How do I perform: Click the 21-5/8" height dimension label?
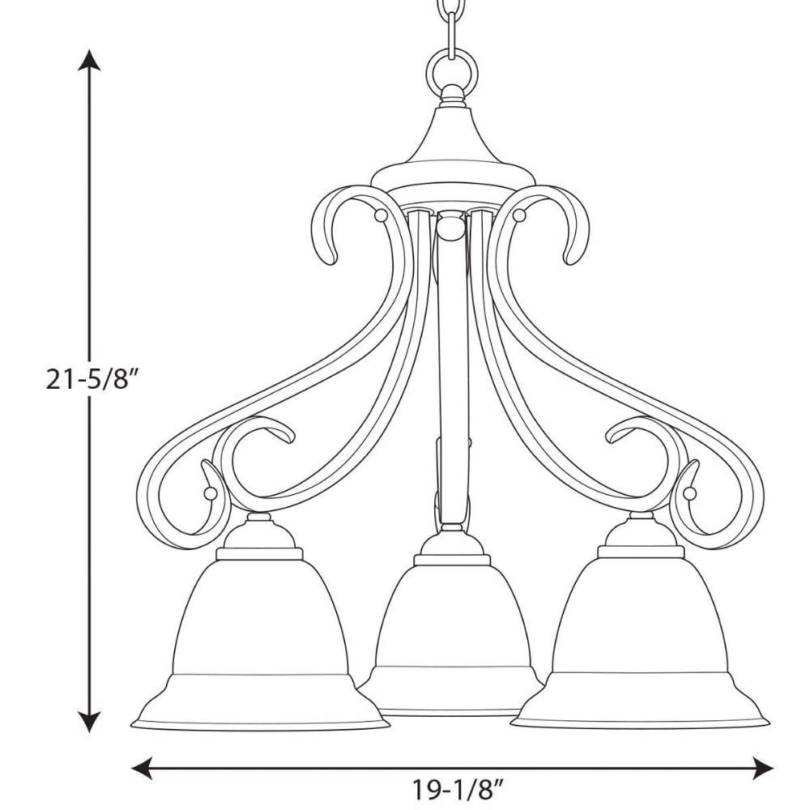pyautogui.click(x=93, y=380)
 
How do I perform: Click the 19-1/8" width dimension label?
pyautogui.click(x=457, y=789)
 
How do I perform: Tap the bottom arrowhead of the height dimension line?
pyautogui.click(x=89, y=721)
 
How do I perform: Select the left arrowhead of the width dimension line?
pyautogui.click(x=143, y=768)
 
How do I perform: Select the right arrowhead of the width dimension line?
pyautogui.click(x=762, y=768)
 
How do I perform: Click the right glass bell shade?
pyautogui.click(x=641, y=643)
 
